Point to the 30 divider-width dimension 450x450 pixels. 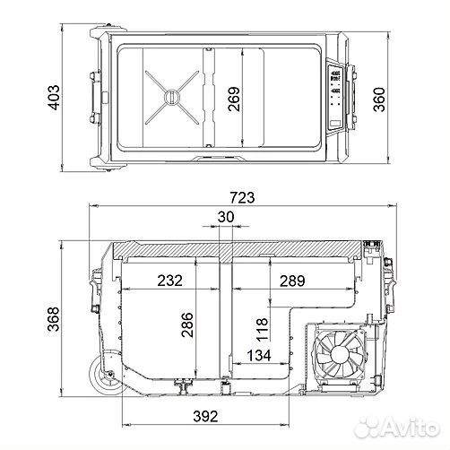tap(227, 218)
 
